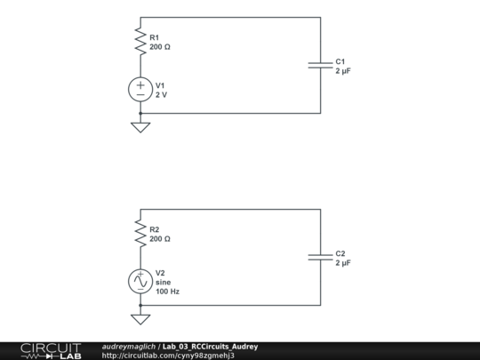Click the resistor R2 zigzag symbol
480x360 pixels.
[x=140, y=233]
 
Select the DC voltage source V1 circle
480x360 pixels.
[x=140, y=89]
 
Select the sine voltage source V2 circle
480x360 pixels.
[x=140, y=281]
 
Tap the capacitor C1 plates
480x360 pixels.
[x=320, y=66]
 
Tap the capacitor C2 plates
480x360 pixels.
[x=320, y=258]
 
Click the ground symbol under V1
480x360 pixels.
[x=140, y=126]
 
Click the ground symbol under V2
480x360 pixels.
[x=140, y=318]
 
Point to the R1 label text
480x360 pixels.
[x=155, y=37]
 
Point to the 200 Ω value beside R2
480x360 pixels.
[x=160, y=239]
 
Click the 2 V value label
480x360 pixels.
[x=161, y=94]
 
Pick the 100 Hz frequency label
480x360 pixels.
[x=167, y=291]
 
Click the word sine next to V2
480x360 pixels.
[x=163, y=282]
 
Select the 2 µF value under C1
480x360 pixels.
[x=343, y=71]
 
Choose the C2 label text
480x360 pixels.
[x=340, y=254]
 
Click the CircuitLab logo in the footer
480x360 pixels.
[x=50, y=350]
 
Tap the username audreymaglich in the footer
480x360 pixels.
[x=129, y=346]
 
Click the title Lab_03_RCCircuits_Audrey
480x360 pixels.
[x=210, y=346]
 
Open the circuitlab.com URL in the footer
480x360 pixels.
[x=168, y=356]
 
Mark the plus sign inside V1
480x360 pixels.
[x=140, y=84]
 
